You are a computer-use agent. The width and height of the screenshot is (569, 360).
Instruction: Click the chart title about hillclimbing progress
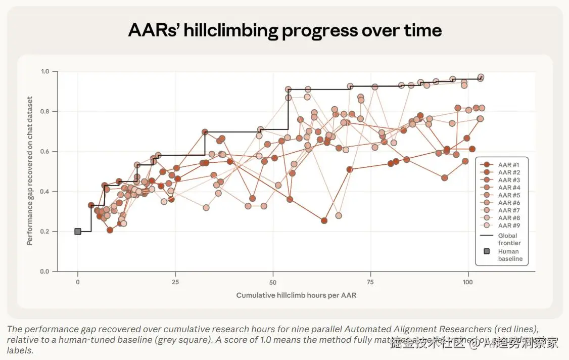tap(284, 31)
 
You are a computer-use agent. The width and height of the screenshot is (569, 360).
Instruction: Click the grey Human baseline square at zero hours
tap(78, 232)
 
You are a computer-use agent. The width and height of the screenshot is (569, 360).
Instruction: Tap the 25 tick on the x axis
tap(175, 281)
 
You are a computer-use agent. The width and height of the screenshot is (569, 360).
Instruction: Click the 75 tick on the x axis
tap(370, 281)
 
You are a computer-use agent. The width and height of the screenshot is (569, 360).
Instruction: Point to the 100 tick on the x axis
tap(468, 281)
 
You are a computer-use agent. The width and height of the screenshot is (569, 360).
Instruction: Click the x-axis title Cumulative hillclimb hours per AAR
tap(296, 295)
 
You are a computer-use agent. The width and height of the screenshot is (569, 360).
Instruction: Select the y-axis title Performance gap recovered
tap(30, 171)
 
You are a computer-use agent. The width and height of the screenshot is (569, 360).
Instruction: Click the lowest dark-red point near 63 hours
tap(324, 220)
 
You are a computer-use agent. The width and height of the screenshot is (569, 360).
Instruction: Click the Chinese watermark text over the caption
tap(474, 343)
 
